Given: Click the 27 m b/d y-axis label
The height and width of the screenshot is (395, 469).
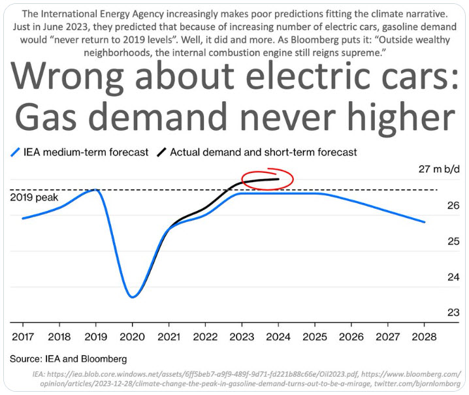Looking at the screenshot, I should [440, 170].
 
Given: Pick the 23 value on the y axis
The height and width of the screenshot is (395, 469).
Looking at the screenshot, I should [453, 312].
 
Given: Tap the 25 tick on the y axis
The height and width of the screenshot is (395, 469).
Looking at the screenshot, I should [453, 242].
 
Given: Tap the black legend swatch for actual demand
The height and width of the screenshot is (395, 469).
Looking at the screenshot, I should [161, 152].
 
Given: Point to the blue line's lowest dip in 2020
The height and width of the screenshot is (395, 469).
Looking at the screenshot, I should [132, 297].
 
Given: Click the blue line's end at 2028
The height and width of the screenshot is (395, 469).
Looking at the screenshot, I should [425, 222].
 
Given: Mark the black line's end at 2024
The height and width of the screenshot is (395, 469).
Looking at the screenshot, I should [279, 179].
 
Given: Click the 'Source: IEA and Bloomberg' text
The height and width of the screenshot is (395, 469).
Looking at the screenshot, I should [68, 358].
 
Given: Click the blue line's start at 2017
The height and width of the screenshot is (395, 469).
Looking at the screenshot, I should [23, 218].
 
